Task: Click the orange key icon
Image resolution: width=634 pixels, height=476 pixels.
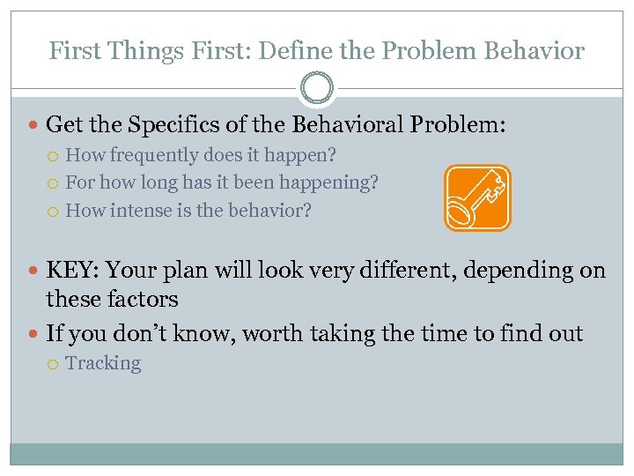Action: (x=477, y=198)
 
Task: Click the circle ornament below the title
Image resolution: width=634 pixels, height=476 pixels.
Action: (x=317, y=89)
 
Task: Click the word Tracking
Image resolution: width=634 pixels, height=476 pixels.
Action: (x=103, y=363)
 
